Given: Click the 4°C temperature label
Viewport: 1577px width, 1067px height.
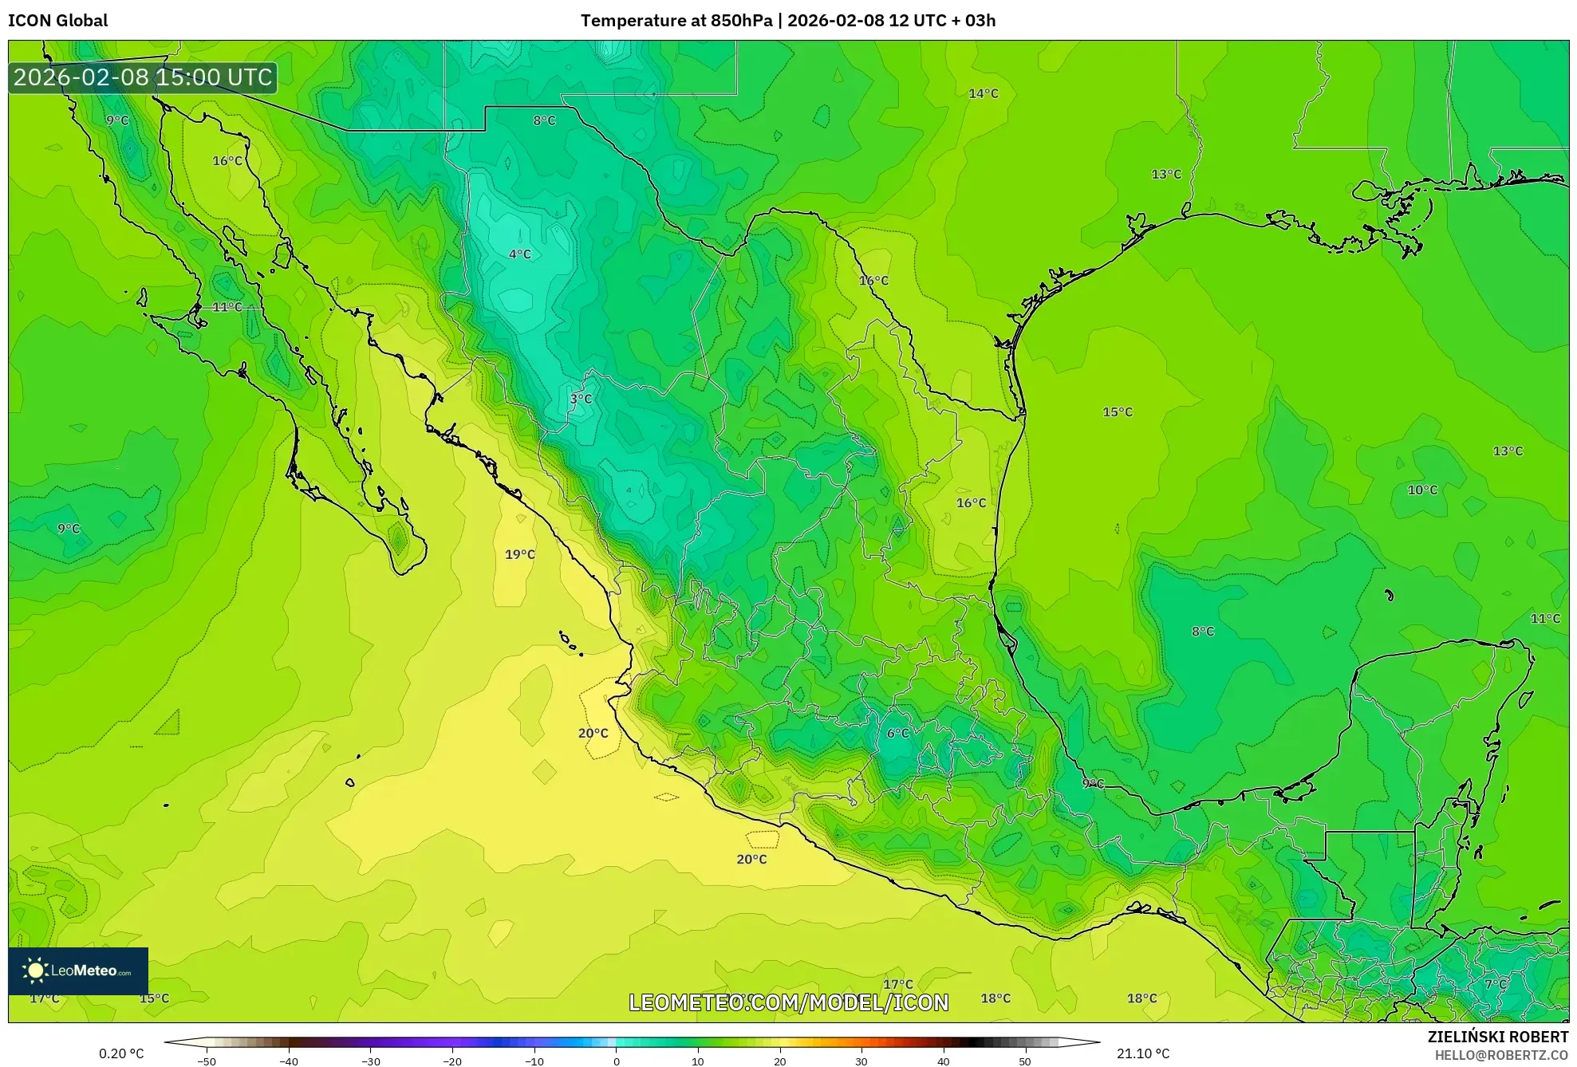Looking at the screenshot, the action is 520,254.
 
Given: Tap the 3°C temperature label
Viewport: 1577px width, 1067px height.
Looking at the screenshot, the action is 581,399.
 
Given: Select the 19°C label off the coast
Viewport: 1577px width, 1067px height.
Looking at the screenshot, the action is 520,554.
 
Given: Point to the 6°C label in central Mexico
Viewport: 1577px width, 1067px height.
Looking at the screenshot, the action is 898,733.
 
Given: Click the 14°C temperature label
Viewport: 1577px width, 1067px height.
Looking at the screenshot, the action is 984,93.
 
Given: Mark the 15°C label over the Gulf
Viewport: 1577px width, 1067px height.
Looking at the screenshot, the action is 1118,412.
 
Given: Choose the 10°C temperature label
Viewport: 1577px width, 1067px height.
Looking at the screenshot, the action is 1422,490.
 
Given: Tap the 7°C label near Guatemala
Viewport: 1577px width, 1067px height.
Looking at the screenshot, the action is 1496,984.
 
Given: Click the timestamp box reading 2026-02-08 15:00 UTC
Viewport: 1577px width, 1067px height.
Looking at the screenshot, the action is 143,77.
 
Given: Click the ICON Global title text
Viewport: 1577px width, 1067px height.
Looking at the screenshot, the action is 58,21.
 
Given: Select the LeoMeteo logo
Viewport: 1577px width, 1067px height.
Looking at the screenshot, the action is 78,971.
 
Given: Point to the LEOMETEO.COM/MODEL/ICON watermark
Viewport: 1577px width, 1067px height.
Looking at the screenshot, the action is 789,1002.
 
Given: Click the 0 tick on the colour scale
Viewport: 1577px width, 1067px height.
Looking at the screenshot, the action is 616,1061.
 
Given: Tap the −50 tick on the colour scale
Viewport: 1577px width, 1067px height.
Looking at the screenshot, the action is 207,1061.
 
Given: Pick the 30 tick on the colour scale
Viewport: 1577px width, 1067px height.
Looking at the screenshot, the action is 861,1061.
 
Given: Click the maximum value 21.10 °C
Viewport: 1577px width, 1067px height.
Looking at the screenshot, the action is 1143,1053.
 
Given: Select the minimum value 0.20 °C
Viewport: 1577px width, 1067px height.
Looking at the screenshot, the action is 121,1053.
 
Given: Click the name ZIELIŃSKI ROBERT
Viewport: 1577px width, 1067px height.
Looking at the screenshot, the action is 1497,1037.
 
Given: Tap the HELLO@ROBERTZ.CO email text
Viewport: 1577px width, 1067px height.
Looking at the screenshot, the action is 1501,1055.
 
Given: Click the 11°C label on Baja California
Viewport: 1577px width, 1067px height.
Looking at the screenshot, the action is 227,307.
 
